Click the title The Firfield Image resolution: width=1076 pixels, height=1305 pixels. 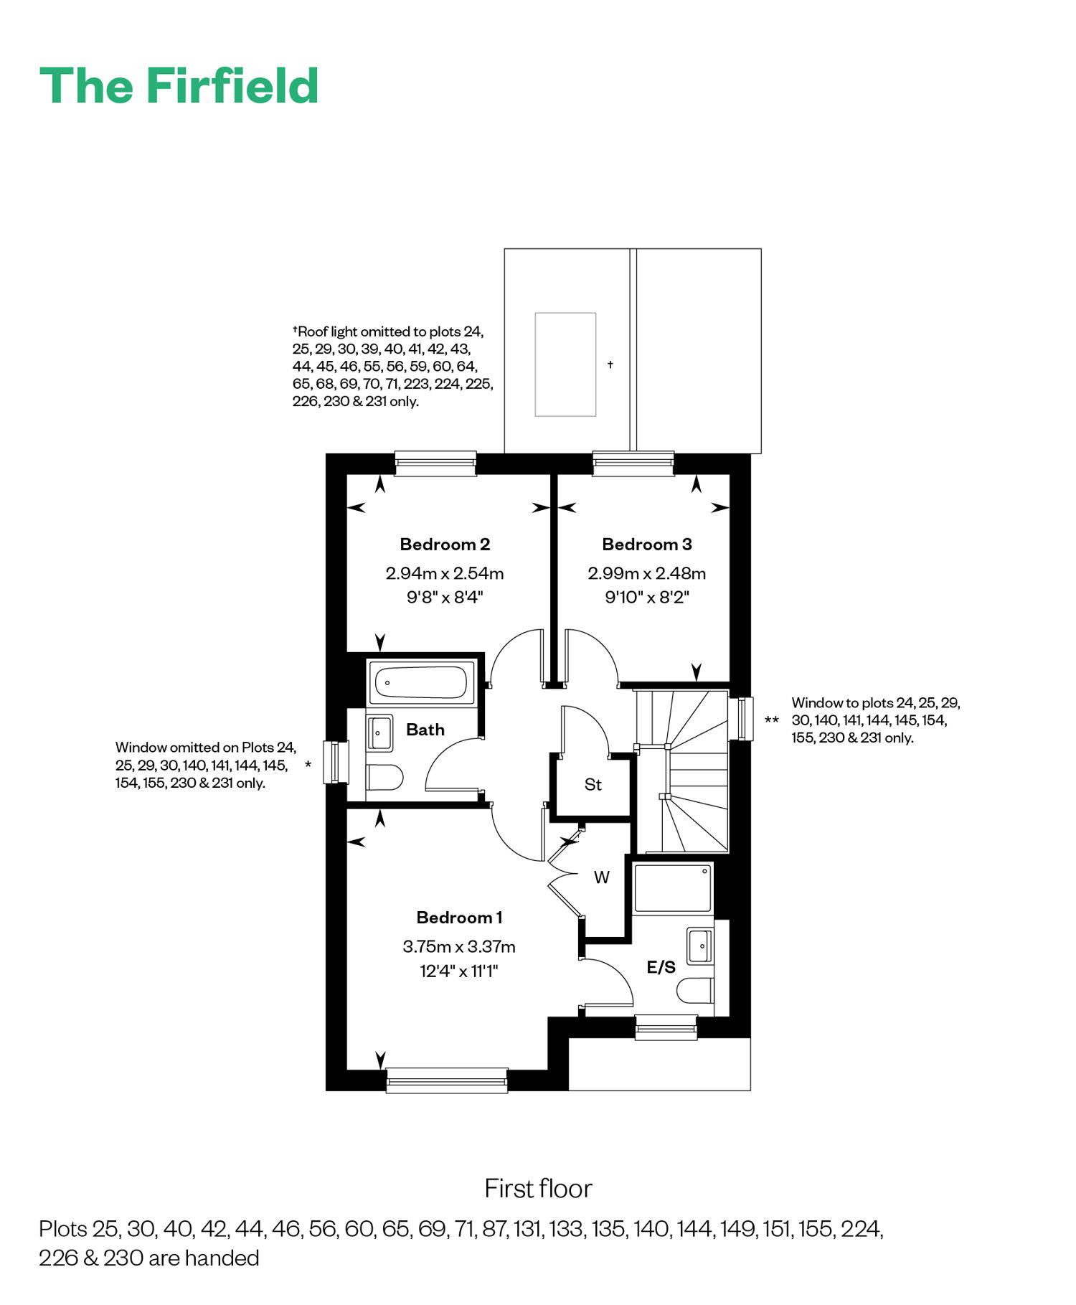pos(179,86)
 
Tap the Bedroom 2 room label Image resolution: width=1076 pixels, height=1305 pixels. pos(445,545)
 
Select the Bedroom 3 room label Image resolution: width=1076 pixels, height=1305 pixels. pos(647,545)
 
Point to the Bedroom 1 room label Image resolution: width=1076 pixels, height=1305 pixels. pos(459,918)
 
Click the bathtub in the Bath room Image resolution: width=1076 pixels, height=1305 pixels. pos(422,682)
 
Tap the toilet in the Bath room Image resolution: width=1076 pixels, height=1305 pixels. pos(384,777)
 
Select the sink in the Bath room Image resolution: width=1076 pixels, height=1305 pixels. pos(379,732)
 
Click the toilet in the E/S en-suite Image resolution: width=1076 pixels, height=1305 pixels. pos(695,990)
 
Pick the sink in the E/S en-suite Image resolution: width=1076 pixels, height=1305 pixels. pos(700,946)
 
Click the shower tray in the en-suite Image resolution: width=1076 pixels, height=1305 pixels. pos(673,888)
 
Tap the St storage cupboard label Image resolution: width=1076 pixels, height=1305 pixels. pos(593,785)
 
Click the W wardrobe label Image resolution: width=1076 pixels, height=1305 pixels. pos(602,877)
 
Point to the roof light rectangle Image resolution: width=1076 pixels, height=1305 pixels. pos(565,364)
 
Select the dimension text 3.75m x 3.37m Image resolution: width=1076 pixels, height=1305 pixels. pos(459,947)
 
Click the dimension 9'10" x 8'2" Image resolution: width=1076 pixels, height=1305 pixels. pos(647,598)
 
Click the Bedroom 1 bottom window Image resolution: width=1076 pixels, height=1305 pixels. pos(447,1080)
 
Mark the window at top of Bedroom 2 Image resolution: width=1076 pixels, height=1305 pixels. pos(435,463)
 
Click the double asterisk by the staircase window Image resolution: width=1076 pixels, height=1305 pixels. pos(772,720)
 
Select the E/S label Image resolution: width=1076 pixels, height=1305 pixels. pos(661,967)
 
